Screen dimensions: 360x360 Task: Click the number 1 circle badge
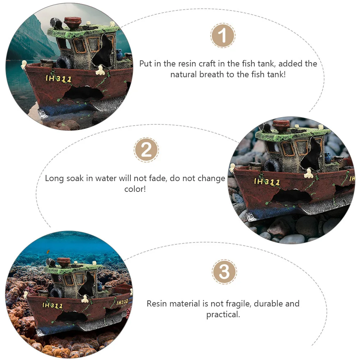point(223,36)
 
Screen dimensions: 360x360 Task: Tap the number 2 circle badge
point(146,150)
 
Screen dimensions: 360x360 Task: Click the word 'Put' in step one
point(146,64)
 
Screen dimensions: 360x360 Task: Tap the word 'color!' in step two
point(135,189)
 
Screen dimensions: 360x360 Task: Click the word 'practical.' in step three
point(223,315)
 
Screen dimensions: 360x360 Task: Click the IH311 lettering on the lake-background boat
point(59,79)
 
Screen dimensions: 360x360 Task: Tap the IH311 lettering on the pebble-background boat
point(267,182)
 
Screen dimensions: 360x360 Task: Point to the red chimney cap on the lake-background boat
point(73,21)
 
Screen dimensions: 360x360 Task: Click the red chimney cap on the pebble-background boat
point(281,125)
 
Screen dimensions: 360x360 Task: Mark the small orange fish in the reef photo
point(48,252)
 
